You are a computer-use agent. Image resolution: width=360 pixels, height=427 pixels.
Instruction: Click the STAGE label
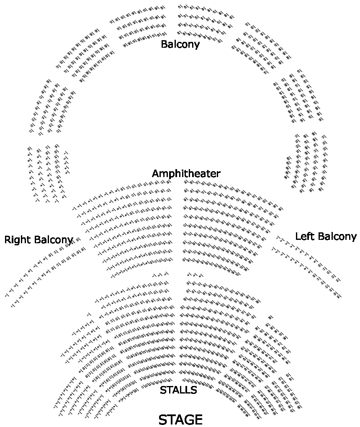pyautogui.click(x=180, y=419)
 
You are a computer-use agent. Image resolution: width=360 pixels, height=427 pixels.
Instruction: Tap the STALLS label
pyautogui.click(x=178, y=390)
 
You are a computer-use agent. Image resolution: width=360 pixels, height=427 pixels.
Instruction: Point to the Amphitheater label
pyautogui.click(x=186, y=173)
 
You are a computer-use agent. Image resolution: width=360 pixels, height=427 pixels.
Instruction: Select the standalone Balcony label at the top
pyautogui.click(x=180, y=44)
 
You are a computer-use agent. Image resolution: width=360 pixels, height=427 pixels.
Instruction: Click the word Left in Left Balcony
pyautogui.click(x=304, y=236)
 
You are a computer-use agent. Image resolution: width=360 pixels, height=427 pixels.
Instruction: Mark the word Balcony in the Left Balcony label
pyautogui.click(x=336, y=236)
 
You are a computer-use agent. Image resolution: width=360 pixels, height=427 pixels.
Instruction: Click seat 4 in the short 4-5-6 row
pyautogui.click(x=189, y=275)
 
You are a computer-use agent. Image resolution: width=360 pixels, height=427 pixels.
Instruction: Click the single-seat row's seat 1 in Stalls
pyautogui.click(x=89, y=314)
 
